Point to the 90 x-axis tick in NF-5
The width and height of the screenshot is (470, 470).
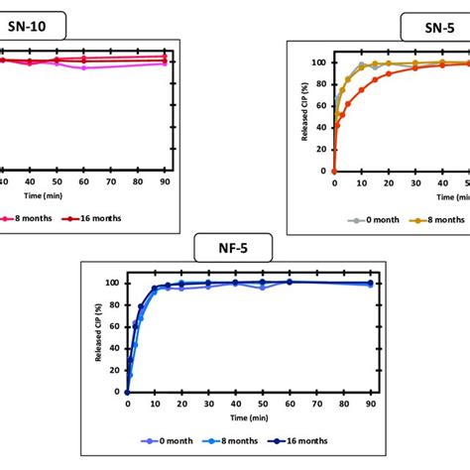tap(370, 405)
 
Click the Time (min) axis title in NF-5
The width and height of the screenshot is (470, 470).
tap(248, 417)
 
